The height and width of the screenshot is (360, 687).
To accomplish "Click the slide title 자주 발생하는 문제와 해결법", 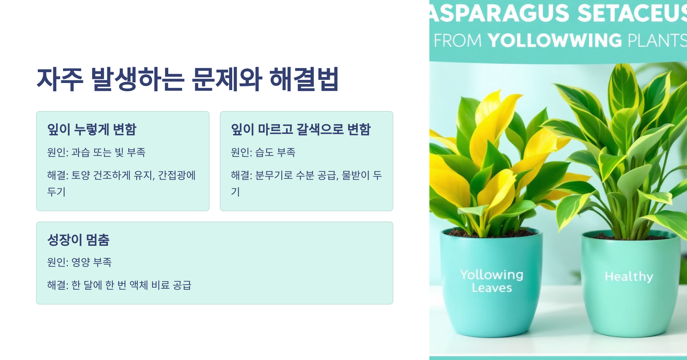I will click(x=188, y=80).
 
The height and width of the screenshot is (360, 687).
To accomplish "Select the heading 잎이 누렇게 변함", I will click(x=92, y=129).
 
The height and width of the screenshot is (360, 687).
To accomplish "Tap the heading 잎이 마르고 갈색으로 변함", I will click(x=301, y=129).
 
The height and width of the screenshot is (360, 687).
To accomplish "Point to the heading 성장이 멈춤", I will click(x=78, y=240).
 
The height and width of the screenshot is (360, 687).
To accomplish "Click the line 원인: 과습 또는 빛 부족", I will click(x=96, y=152).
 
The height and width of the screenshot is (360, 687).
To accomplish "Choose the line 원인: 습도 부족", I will click(x=263, y=152).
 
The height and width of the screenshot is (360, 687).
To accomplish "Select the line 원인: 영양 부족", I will click(x=79, y=262).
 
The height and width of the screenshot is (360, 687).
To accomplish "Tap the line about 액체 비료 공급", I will click(x=119, y=285).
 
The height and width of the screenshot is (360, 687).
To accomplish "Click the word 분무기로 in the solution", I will click(x=274, y=175).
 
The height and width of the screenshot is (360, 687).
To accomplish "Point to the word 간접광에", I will click(x=177, y=175).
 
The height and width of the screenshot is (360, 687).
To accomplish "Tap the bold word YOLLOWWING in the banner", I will click(x=555, y=40).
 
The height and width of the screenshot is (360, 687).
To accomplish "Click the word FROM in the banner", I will click(x=458, y=40).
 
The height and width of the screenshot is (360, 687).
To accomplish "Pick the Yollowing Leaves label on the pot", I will click(x=492, y=281).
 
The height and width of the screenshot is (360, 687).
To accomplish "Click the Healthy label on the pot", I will click(x=629, y=276).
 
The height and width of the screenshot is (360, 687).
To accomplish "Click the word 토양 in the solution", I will click(x=81, y=175).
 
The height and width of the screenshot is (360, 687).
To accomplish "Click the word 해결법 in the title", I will click(x=304, y=80).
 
